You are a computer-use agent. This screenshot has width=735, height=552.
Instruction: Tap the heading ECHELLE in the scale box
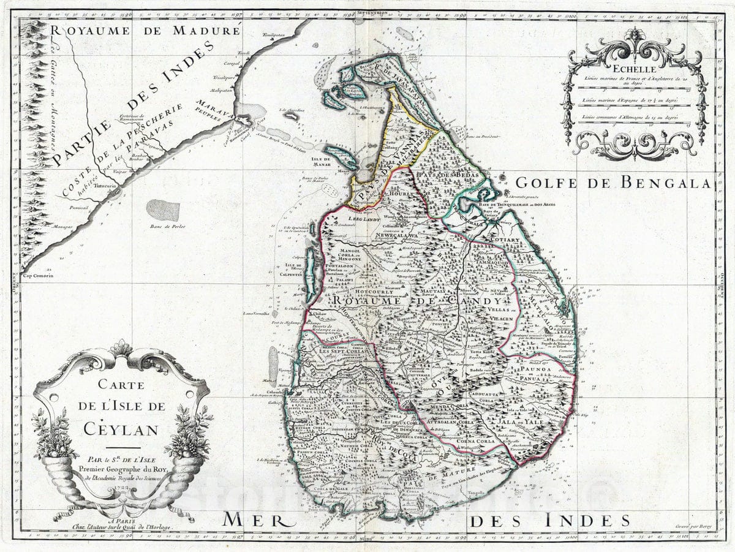[635, 70]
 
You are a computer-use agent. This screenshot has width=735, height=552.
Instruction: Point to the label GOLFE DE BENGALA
[612, 182]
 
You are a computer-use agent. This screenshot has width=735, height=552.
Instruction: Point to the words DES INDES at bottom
[549, 521]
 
